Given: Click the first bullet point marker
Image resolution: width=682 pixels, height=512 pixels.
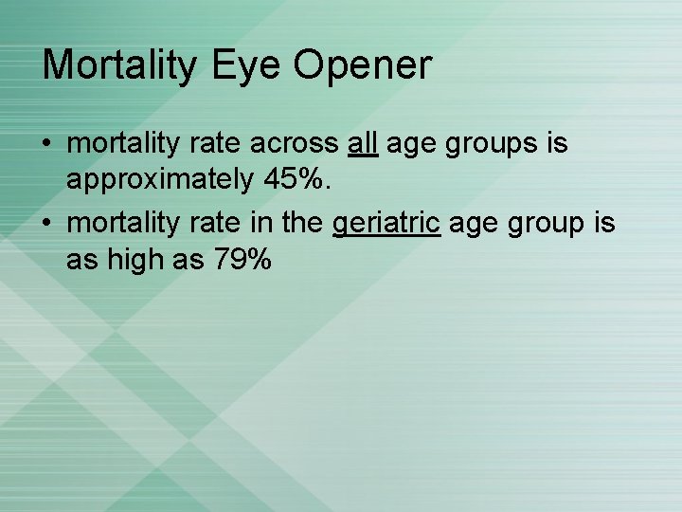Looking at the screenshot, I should [46, 144].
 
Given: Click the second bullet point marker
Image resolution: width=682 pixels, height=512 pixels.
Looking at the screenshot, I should [46, 225].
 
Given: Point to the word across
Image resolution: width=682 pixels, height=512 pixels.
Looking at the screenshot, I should [295, 144].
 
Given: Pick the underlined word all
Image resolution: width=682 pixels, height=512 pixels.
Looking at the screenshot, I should [363, 143].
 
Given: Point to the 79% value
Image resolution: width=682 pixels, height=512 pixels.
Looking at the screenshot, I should [242, 259].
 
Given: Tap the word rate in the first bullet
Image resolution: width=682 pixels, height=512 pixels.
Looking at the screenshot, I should [217, 144].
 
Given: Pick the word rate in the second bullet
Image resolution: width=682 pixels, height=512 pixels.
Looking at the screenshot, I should [217, 225].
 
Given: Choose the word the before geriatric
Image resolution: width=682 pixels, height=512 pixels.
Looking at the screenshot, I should [301, 224].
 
